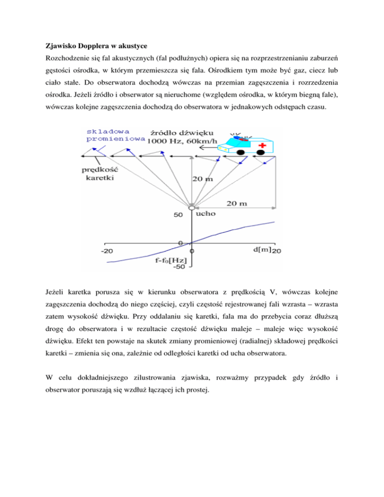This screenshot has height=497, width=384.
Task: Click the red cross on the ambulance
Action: click(x=262, y=147)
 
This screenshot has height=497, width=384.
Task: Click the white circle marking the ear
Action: click(x=191, y=206)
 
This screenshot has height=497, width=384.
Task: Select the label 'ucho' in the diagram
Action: click(x=206, y=213)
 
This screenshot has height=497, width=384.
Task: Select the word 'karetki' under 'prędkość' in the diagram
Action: click(x=97, y=176)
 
